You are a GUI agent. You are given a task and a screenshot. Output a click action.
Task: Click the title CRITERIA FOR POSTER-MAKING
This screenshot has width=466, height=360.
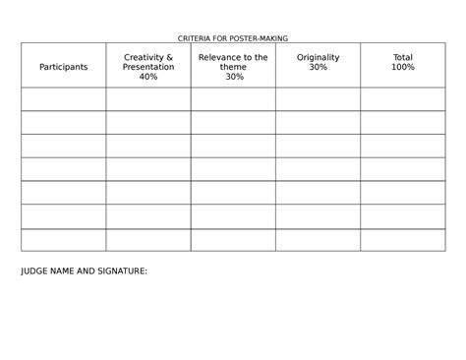tap(232, 37)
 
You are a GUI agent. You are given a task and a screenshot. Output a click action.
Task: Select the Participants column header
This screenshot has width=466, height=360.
tap(64, 67)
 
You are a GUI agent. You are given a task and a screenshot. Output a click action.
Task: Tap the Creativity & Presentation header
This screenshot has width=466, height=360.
tap(148, 67)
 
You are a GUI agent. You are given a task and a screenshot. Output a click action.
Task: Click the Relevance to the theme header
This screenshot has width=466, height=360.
tap(233, 67)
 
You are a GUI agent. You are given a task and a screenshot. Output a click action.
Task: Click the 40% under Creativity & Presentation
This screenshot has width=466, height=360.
tap(148, 77)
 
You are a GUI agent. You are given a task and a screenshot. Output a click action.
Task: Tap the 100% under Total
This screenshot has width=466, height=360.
tap(402, 67)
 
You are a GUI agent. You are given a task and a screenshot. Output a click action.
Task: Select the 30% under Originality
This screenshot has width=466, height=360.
tap(318, 67)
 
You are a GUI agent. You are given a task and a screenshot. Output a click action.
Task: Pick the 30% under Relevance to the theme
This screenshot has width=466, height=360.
tap(233, 77)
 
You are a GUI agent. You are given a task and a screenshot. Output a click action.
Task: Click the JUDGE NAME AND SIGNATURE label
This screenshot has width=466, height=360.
tap(84, 270)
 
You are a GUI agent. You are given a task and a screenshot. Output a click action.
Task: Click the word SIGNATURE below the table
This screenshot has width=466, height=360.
tap(123, 270)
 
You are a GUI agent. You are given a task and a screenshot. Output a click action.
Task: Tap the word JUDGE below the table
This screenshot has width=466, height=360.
tap(34, 270)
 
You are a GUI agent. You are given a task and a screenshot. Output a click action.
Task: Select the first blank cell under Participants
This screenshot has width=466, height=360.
tap(64, 98)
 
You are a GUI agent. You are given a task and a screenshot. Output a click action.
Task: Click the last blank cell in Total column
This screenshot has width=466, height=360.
tap(402, 240)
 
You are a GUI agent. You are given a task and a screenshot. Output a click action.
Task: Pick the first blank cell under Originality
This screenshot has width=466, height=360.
tap(318, 98)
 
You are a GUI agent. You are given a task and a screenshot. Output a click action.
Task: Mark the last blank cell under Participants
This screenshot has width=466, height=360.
tap(64, 240)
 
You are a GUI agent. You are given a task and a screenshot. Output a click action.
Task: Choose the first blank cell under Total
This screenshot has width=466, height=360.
tap(402, 98)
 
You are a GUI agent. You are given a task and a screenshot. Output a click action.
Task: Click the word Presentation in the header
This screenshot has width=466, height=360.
tap(148, 67)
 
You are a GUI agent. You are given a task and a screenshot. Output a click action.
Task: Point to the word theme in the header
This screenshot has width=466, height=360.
tap(233, 67)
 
